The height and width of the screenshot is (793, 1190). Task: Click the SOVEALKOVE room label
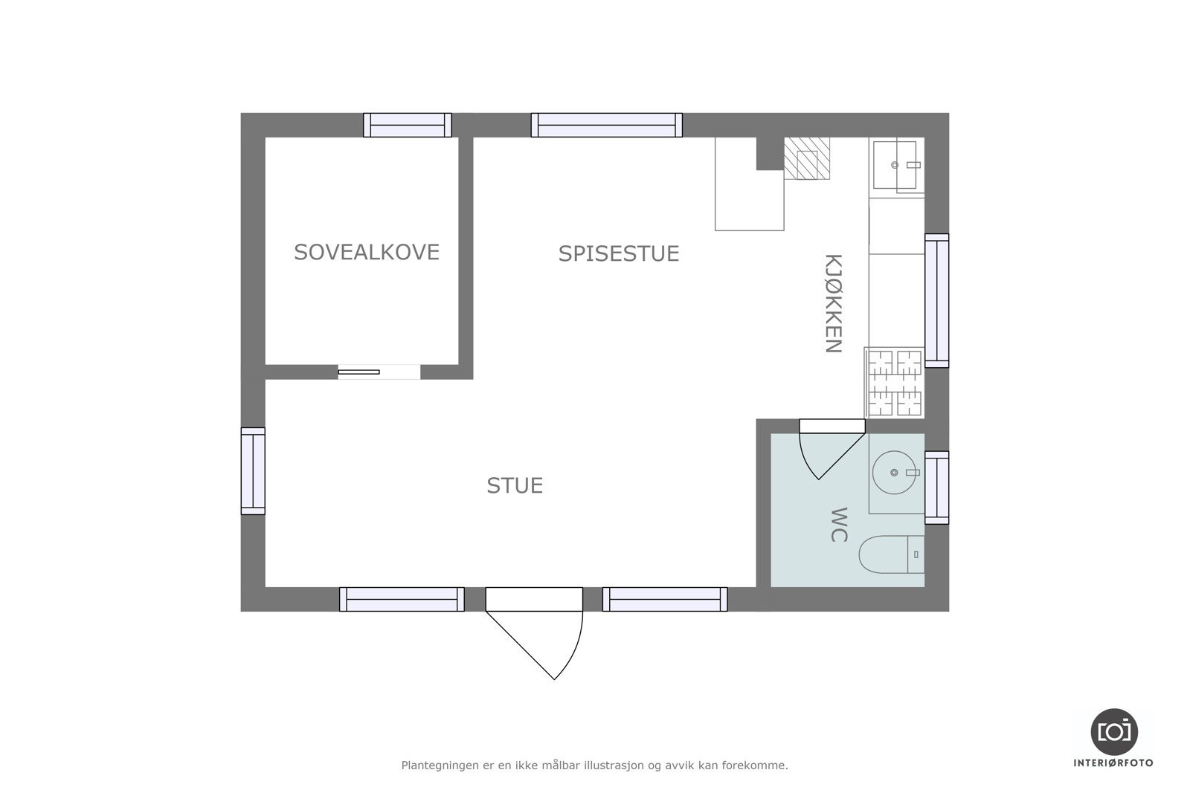[367, 252]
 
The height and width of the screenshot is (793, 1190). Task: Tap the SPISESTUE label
[619, 253]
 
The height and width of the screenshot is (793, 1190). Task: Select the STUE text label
[515, 485]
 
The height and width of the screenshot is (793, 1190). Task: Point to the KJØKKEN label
[833, 303]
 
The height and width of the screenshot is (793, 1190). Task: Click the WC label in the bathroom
[838, 525]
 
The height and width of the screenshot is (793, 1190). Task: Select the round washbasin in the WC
[892, 472]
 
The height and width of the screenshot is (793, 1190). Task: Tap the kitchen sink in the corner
[895, 164]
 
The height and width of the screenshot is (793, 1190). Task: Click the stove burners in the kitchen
[895, 383]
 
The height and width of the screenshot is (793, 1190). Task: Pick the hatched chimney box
[807, 158]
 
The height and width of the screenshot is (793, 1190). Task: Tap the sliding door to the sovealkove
[359, 372]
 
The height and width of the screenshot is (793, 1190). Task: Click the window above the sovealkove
[408, 125]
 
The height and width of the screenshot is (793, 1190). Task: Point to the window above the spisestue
[607, 125]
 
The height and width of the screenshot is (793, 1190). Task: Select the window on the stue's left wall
[253, 470]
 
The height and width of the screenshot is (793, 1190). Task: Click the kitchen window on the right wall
[936, 300]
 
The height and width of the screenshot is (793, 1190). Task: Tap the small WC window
[936, 487]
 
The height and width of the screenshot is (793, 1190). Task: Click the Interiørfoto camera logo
[1113, 731]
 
